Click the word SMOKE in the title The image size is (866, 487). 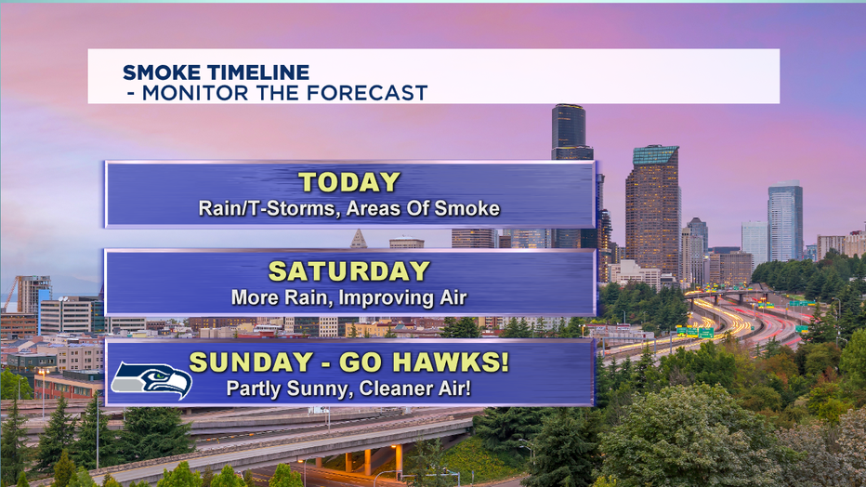coord(161,72)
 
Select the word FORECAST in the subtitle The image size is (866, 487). coord(367,93)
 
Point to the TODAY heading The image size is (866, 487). coord(349,182)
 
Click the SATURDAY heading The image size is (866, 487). coord(349,271)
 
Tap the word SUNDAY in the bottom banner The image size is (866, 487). coord(251,362)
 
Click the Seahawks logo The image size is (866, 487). coord(151,380)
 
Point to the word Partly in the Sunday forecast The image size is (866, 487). coord(254,388)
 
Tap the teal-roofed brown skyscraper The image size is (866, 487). coord(652,210)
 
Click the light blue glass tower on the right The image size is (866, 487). coord(785,221)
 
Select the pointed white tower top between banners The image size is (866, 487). coord(359,239)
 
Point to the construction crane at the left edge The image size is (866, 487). coord(10,294)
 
